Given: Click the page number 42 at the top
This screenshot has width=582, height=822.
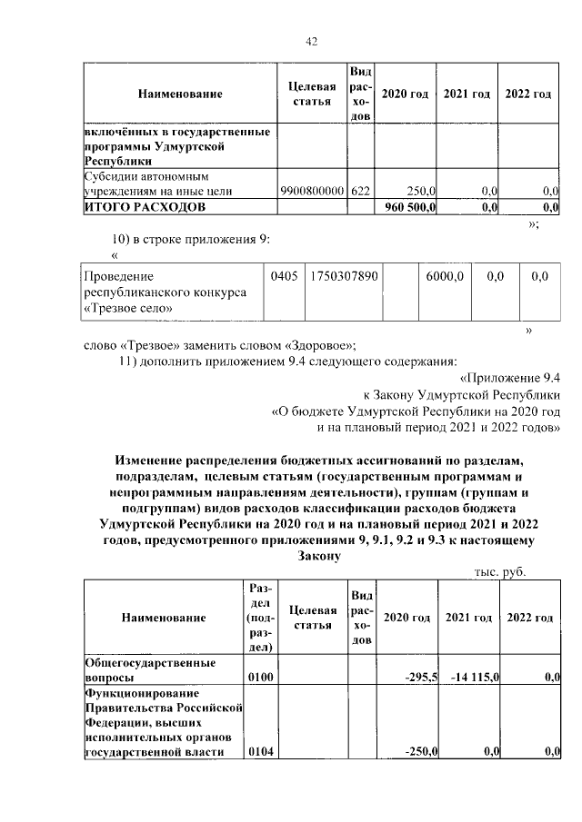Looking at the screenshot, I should (311, 41).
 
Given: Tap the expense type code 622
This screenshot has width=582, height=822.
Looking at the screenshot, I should (360, 192).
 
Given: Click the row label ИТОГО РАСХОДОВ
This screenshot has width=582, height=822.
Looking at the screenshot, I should (145, 207).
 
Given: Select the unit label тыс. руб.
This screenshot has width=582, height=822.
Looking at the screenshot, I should (500, 572).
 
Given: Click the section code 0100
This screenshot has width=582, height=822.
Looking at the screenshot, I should (262, 678).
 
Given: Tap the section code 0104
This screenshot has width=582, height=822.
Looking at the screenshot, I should (262, 751).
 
